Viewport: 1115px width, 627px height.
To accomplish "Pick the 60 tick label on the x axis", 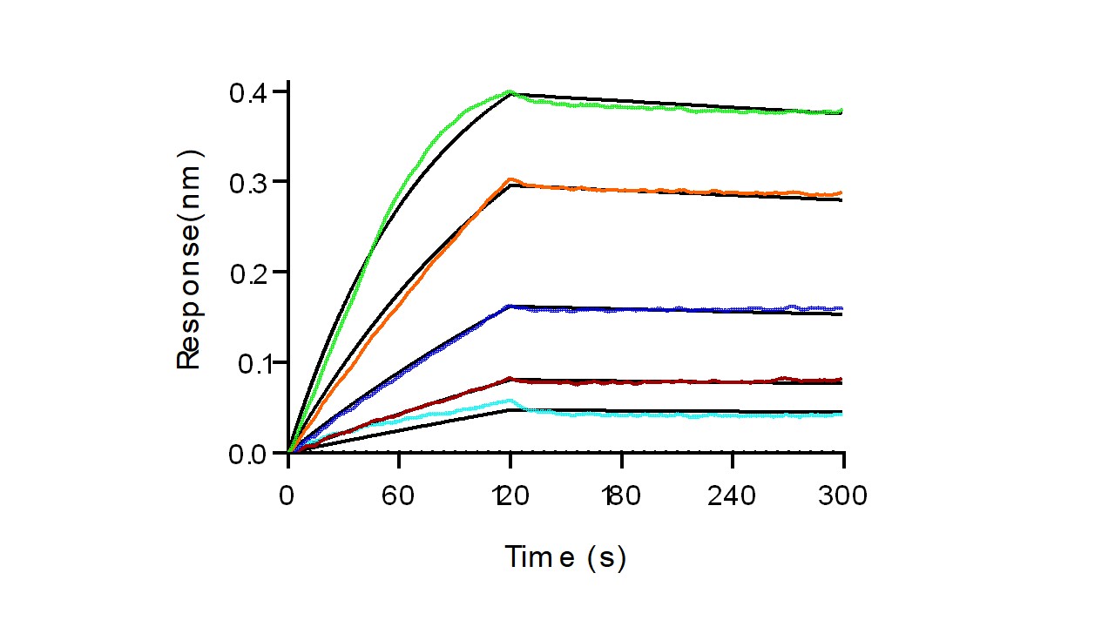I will coord(399,496).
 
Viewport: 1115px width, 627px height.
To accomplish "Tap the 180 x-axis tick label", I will coord(620,496).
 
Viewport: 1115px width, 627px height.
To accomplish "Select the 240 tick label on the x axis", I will coord(733,496).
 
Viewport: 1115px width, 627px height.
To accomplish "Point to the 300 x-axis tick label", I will coord(843,496).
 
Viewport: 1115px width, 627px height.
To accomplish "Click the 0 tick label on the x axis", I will coord(288,496).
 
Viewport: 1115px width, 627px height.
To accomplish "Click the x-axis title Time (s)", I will coord(565,556).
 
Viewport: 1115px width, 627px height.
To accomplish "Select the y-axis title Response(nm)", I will coord(190,260).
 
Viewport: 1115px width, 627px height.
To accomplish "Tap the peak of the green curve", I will coord(510,91).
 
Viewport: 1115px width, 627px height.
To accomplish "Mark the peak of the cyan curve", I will coord(511,401).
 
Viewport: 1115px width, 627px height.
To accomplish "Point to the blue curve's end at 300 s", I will coord(841,308).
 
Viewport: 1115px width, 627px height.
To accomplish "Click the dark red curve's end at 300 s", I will coord(841,379).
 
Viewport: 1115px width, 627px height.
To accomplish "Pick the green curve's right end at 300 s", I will coord(841,111).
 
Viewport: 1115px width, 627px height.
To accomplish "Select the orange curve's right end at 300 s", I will coord(841,192).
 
